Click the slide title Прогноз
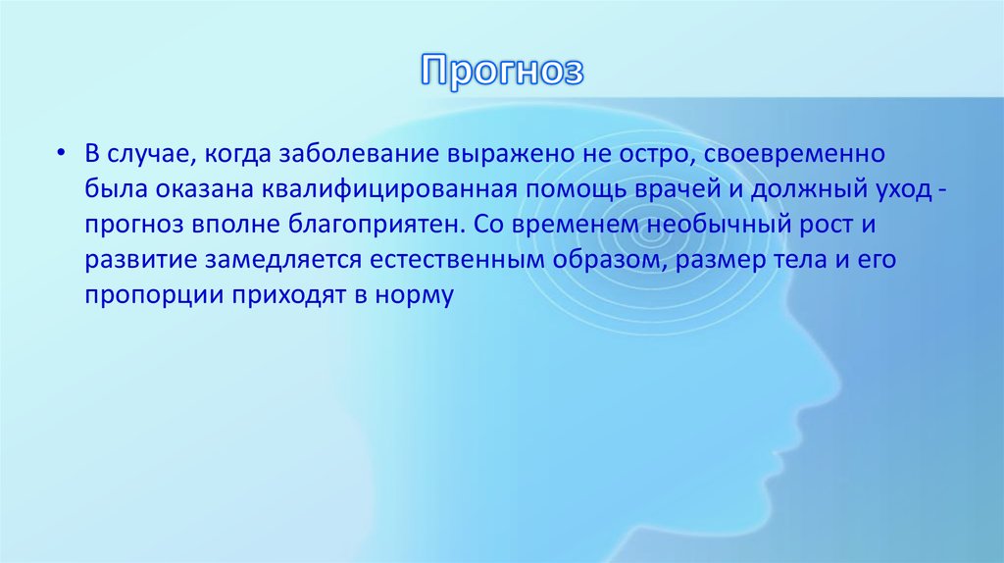click(503, 71)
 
